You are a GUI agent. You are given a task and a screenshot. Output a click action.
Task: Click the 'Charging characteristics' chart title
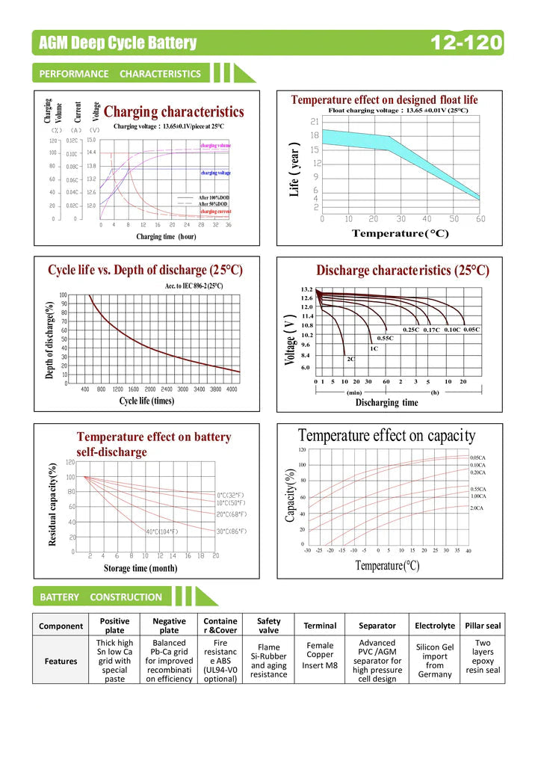coord(173,112)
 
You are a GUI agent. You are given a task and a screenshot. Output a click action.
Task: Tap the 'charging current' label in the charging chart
coord(216,212)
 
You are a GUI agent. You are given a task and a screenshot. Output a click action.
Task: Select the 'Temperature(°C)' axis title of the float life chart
coord(401,233)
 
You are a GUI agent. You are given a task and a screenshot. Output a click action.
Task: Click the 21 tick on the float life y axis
coord(315,121)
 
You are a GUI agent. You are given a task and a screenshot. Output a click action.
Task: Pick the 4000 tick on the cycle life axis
coord(232,389)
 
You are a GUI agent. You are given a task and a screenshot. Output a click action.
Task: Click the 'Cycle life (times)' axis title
coord(146,401)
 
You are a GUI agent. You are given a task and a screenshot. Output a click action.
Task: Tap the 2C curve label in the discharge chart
coord(350,359)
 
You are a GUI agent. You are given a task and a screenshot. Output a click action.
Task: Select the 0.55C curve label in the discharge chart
coord(386,339)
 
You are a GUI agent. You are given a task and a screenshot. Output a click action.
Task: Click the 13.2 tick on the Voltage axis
coord(306,289)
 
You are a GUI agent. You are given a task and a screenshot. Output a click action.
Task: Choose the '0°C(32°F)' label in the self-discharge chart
coord(231,495)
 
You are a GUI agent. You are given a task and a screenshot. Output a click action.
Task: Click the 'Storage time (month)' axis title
coord(140,568)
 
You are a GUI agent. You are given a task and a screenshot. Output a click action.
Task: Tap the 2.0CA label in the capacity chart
coord(477,508)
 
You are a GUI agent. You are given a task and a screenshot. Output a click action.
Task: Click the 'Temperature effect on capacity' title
coord(386,436)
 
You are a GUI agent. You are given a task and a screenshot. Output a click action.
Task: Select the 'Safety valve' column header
coord(268,626)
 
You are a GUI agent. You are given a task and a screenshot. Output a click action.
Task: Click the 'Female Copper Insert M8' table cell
coord(320,655)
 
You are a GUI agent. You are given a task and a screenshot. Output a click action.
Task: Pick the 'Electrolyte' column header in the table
coord(435,626)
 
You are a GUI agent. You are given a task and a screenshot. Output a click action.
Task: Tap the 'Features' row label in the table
coord(61,661)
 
